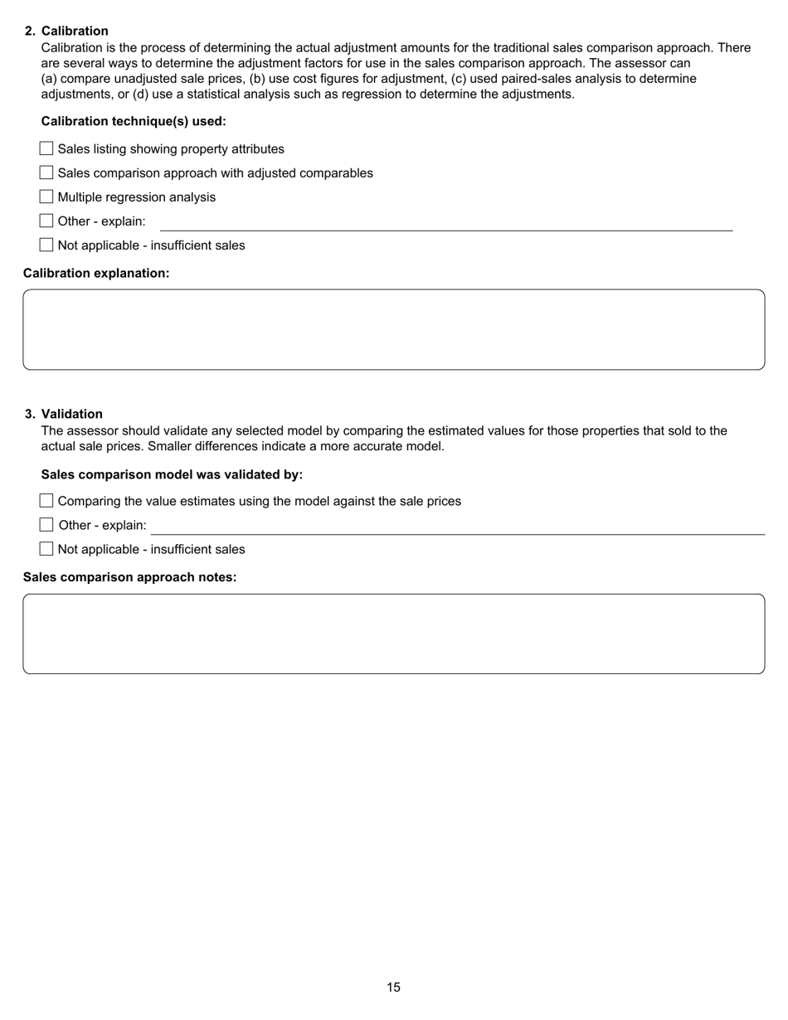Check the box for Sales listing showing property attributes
pos(46,148)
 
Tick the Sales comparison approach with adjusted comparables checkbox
pos(46,172)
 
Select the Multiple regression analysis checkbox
pos(46,197)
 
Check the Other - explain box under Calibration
pos(46,221)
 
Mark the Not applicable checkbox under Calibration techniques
pos(46,245)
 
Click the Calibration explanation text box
pos(393,329)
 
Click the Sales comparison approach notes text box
pos(393,634)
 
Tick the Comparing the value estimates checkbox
pos(46,501)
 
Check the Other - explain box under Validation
pos(46,525)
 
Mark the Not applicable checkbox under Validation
pos(46,549)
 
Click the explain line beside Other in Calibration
pos(445,224)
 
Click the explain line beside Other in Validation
pos(456,528)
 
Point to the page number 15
pos(393,987)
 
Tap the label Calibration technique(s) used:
pos(134,121)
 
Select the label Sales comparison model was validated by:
pos(172,474)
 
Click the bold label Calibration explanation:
pos(96,273)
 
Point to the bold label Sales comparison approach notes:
pos(129,577)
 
